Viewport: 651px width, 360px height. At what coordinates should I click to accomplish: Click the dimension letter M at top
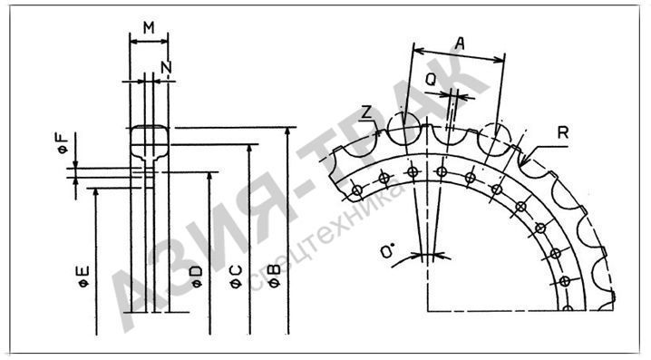pyautogui.click(x=149, y=28)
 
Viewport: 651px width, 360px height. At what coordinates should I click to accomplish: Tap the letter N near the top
pyautogui.click(x=167, y=67)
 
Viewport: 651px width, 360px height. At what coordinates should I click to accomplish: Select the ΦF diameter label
pyautogui.click(x=62, y=143)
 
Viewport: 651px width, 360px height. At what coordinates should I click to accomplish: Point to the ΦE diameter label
pyautogui.click(x=83, y=277)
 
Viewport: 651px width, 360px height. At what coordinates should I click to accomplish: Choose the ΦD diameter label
pyautogui.click(x=196, y=277)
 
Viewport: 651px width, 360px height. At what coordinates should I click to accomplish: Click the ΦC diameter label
pyautogui.click(x=236, y=277)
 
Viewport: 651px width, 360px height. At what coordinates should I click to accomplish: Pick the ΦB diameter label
pyautogui.click(x=274, y=277)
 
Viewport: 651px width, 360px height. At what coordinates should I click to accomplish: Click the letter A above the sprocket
pyautogui.click(x=459, y=44)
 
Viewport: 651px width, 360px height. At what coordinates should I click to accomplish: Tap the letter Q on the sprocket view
pyautogui.click(x=432, y=79)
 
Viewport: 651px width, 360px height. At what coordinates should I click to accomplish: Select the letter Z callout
pyautogui.click(x=365, y=112)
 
